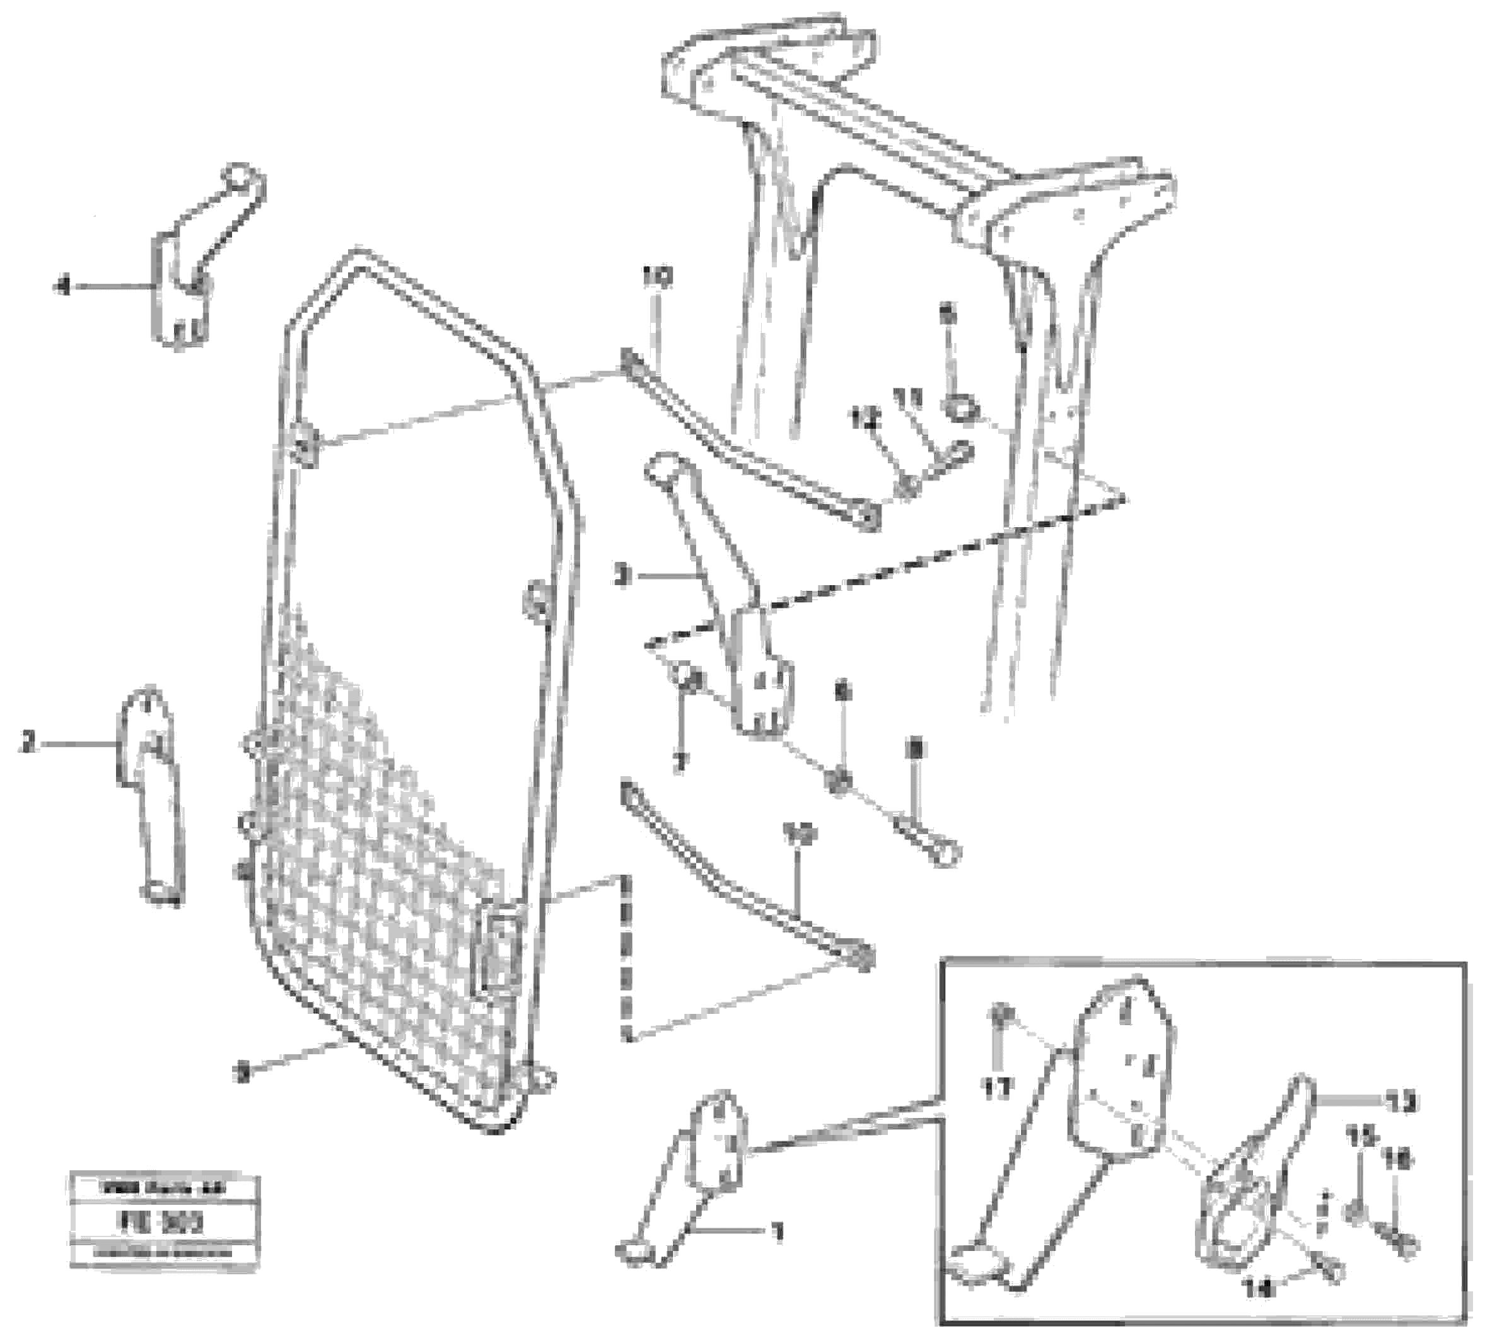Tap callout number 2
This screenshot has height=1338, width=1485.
click(x=27, y=744)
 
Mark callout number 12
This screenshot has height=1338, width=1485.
click(x=865, y=419)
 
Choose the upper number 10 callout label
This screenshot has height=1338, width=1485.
click(x=656, y=277)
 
